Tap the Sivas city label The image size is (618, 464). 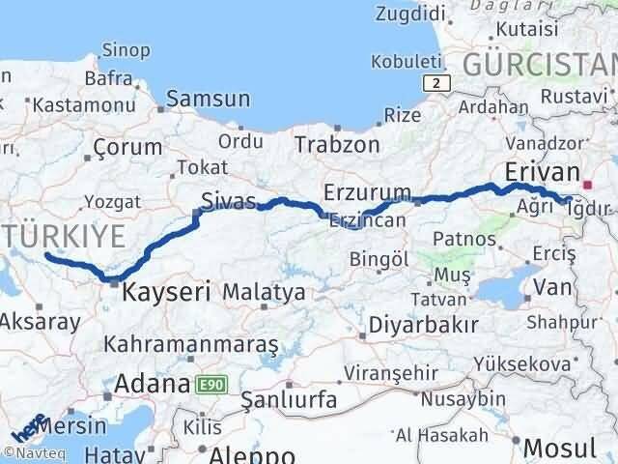[x=228, y=202]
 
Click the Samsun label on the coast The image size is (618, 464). [x=209, y=99]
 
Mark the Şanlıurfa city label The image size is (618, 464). [x=288, y=399]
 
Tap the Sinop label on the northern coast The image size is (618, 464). [x=126, y=49]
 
